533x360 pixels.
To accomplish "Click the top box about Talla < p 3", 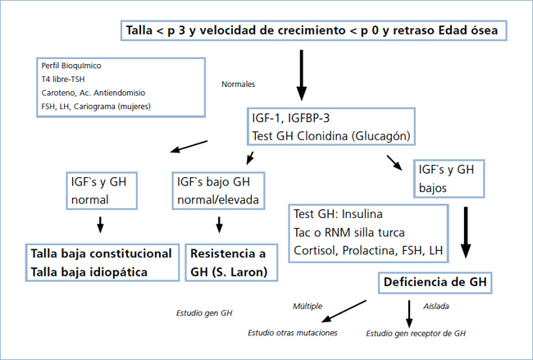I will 312,31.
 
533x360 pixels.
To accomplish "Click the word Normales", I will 239,84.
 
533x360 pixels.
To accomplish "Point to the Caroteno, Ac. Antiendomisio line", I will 88,93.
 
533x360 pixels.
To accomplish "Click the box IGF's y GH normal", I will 100,191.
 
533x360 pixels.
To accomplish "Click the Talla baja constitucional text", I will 101,254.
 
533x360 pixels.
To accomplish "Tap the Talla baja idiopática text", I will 90,271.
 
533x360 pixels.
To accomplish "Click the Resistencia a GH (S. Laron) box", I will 230,262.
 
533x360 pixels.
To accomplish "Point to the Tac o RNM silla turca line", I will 348,232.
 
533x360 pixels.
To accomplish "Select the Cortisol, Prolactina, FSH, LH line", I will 368,249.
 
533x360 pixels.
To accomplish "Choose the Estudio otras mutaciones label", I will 293,333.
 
